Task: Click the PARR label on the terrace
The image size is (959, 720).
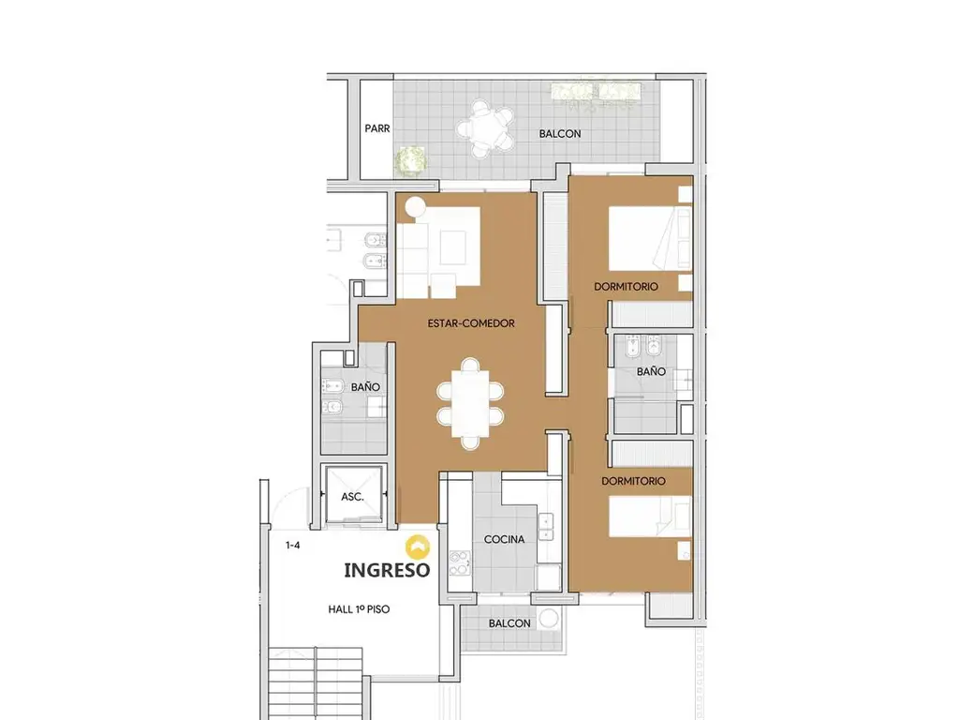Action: (376, 128)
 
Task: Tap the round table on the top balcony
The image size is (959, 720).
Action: (485, 129)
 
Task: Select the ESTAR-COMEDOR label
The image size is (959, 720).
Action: (471, 323)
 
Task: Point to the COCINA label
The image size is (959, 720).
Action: (504, 539)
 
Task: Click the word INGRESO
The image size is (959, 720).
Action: (387, 570)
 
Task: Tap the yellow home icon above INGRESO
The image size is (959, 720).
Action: (418, 547)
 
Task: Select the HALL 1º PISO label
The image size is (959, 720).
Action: (359, 609)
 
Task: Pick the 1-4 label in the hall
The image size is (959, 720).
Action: (293, 545)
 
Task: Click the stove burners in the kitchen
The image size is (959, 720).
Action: (460, 563)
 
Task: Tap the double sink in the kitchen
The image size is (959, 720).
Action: (545, 527)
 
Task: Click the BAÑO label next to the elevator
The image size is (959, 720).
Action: (365, 387)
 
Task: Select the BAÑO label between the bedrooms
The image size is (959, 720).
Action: (651, 371)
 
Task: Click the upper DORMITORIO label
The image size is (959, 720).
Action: (626, 287)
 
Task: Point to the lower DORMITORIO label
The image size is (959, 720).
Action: (633, 481)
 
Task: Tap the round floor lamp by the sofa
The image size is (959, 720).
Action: (415, 207)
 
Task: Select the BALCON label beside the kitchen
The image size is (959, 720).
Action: (509, 623)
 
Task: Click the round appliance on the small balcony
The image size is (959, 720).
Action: (549, 619)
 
